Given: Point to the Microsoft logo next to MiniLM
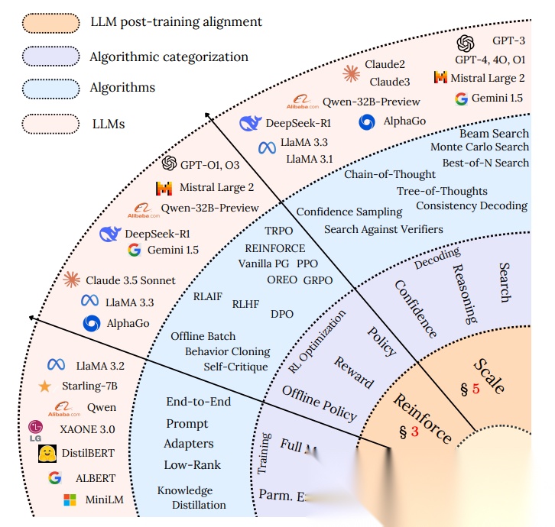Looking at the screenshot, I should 70,501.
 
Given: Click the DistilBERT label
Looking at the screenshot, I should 88,454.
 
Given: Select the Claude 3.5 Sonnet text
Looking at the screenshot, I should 131,280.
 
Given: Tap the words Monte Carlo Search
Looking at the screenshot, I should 479,147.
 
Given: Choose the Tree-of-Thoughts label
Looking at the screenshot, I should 442,191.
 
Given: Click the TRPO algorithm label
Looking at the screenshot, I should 279,231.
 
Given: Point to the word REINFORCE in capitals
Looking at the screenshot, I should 274,248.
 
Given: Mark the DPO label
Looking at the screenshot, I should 282,313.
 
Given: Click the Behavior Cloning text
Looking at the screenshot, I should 227,351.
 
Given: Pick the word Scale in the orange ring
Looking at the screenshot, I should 488,375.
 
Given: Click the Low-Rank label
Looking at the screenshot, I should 192,464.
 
